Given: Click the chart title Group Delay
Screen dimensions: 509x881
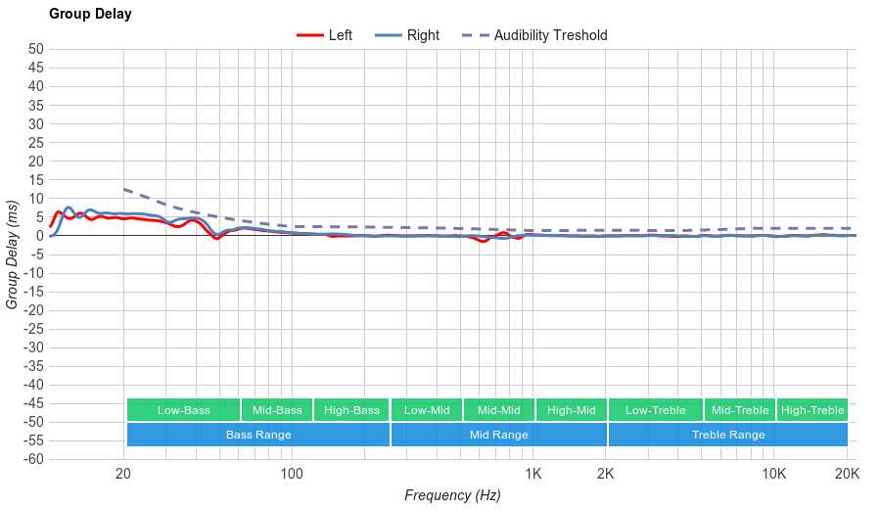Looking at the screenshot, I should click(90, 15).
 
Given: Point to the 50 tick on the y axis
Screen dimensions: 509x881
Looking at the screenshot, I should click(36, 49).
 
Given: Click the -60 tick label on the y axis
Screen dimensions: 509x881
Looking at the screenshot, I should click(33, 459).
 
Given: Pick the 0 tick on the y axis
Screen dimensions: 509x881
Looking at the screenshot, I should click(40, 235).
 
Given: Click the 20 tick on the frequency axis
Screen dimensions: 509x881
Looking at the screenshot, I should click(123, 475).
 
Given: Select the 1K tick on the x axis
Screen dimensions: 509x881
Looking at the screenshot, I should click(533, 475).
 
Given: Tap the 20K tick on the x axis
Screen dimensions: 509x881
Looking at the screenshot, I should click(847, 475).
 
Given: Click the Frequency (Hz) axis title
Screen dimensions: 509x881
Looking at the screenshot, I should click(452, 495).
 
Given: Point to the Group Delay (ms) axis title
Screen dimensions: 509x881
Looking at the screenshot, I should click(13, 254).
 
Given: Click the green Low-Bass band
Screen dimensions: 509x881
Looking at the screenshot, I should click(183, 410).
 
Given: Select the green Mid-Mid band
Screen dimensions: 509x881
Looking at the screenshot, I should click(499, 410).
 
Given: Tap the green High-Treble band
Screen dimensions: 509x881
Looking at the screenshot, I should click(812, 410).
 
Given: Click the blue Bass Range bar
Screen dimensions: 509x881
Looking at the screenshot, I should click(258, 435).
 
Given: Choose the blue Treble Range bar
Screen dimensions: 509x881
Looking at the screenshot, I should click(728, 435).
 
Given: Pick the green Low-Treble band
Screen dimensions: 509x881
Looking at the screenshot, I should click(655, 410).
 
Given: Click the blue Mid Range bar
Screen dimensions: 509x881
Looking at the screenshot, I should click(499, 435).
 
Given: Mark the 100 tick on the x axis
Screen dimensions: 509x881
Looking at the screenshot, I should click(292, 475).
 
